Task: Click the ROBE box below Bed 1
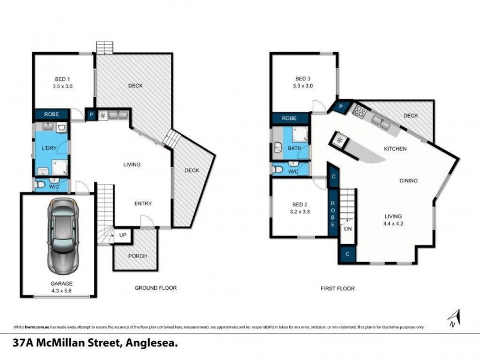(50, 114)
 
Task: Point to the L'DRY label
(49, 148)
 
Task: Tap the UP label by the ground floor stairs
(123, 235)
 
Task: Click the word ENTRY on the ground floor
(143, 203)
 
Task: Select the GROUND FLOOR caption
(155, 288)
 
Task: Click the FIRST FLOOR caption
(337, 288)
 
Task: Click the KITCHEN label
(395, 148)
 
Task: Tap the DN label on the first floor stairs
(347, 228)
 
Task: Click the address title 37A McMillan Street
(96, 344)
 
